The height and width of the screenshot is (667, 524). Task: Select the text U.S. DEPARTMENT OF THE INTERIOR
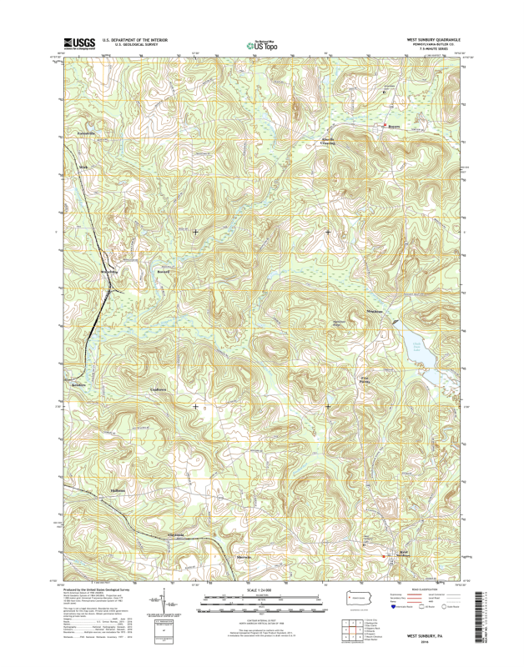(134, 39)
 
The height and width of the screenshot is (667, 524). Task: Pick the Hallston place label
(118, 490)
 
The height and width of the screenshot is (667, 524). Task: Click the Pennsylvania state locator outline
(360, 597)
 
